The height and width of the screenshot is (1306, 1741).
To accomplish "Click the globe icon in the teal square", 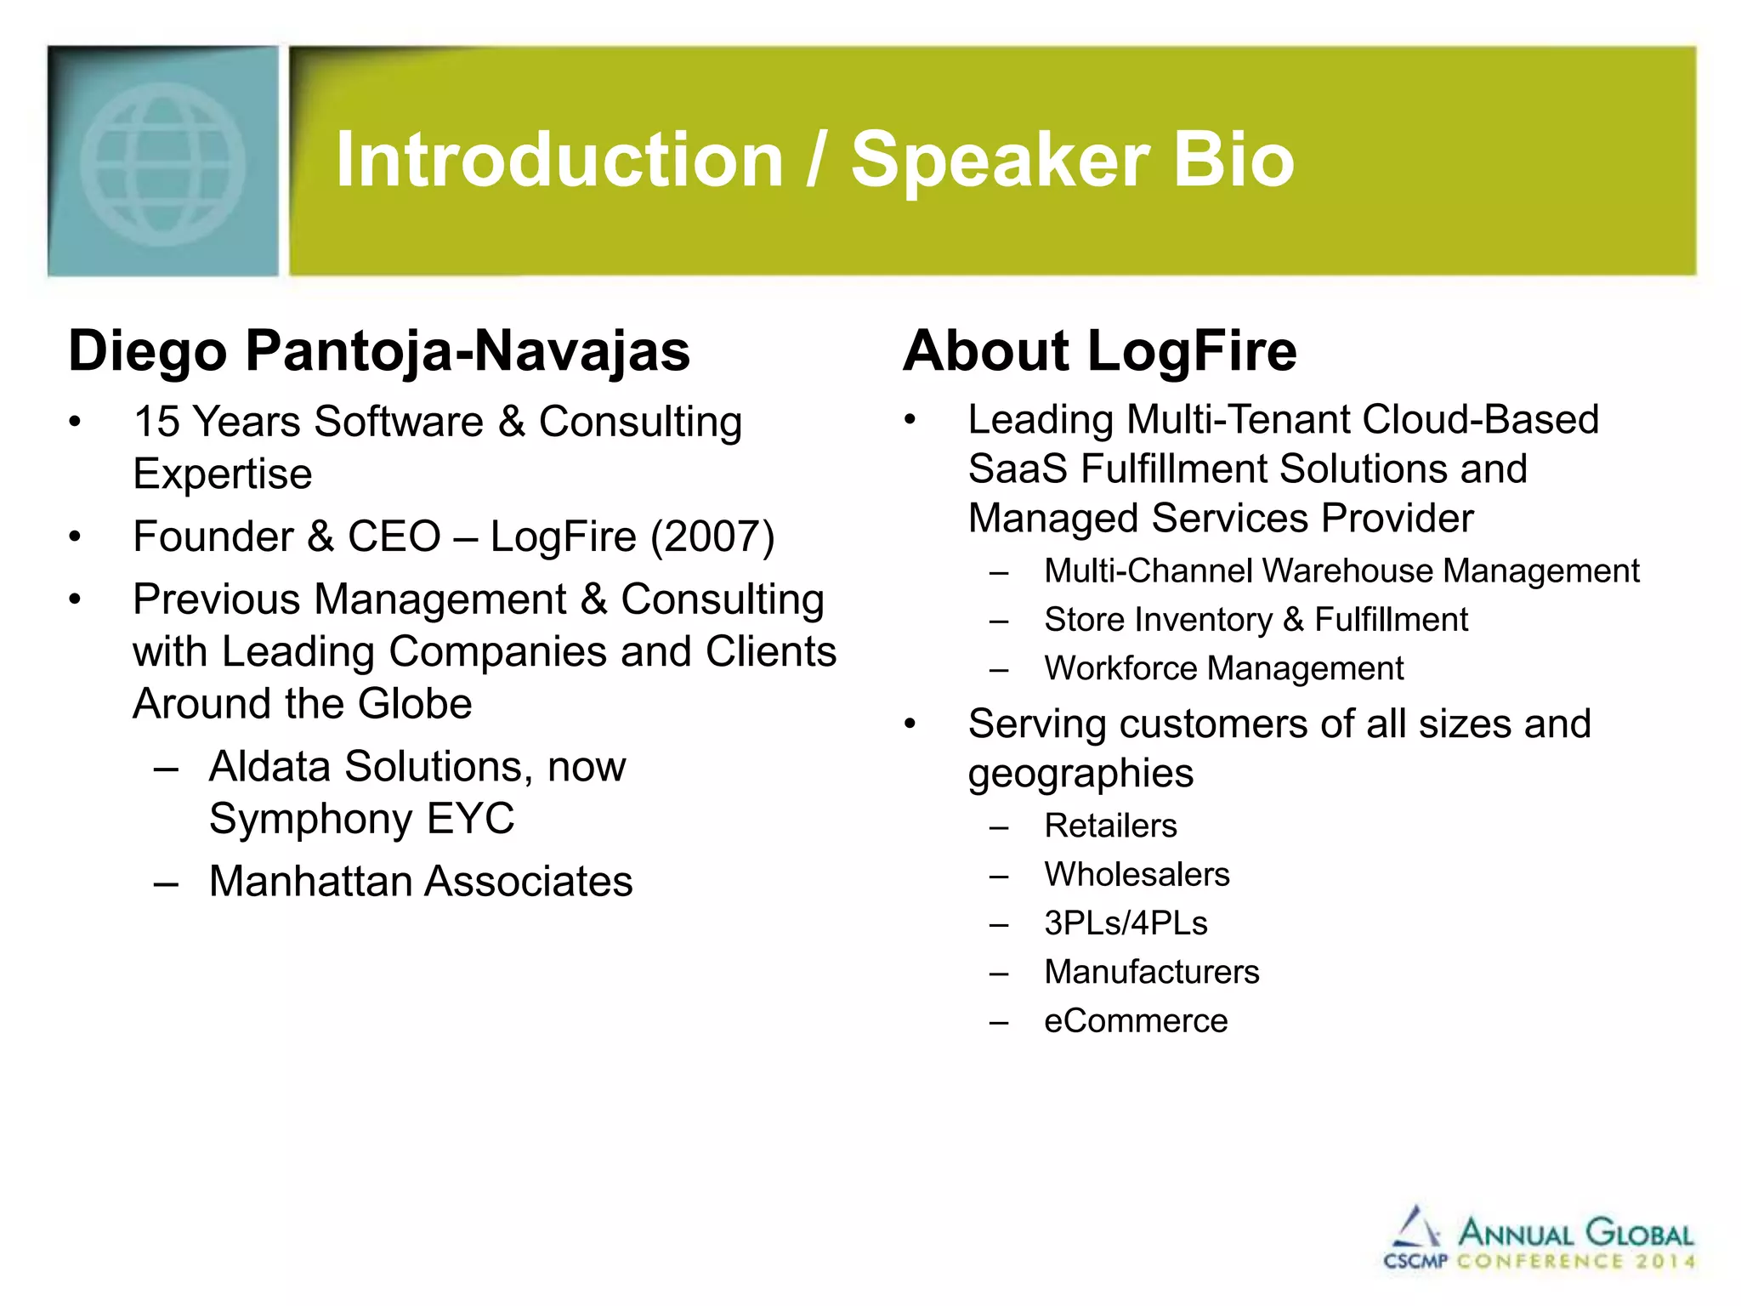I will point(162,163).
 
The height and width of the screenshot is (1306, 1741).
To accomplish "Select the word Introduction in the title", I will point(559,160).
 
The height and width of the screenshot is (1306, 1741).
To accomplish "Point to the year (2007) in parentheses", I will point(712,537).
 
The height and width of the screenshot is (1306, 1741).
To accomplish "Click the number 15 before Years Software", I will point(156,422).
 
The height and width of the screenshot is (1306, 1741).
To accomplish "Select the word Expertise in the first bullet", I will point(223,474).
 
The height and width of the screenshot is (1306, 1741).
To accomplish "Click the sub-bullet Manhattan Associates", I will point(421,881).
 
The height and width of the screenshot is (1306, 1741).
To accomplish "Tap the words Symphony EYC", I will point(361,819).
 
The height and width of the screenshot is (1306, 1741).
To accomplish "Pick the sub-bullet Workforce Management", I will point(1223,668).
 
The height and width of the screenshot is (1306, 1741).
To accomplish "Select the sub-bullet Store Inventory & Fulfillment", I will point(1256,620).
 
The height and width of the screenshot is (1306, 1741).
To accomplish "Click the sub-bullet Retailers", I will point(1110,826).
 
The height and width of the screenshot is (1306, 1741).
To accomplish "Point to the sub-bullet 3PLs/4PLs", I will point(1126,923).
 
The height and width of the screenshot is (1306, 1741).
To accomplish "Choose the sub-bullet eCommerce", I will point(1136,1021).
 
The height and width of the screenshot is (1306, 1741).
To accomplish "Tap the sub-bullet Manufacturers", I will point(1151,972).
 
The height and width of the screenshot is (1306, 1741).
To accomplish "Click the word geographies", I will point(1080,774).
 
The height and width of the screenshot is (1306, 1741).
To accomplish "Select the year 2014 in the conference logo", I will point(1665,1261).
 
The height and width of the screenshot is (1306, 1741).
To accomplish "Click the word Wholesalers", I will point(1137,875).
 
